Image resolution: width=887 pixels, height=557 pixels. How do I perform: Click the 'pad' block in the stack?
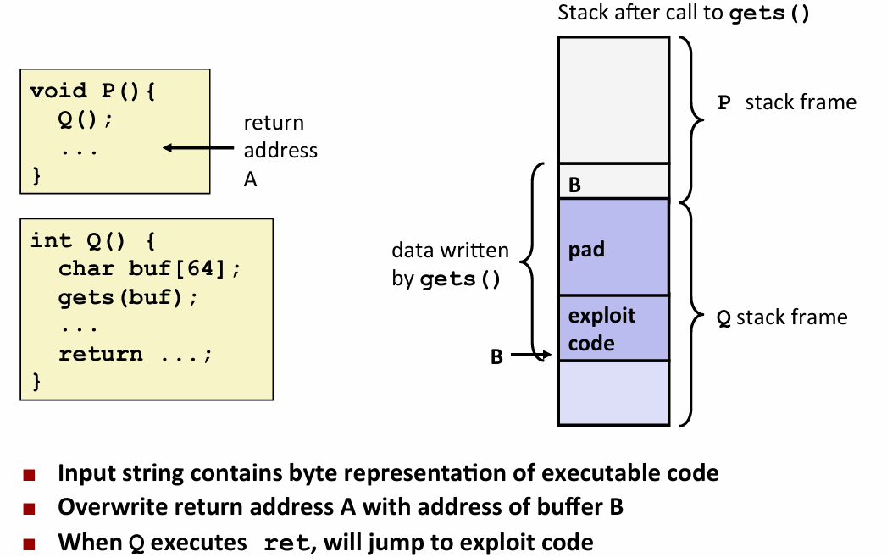click(613, 246)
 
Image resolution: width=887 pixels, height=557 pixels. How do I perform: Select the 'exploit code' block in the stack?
click(613, 328)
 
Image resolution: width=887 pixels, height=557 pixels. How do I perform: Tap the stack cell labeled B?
click(613, 181)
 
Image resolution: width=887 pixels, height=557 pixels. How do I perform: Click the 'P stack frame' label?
click(787, 102)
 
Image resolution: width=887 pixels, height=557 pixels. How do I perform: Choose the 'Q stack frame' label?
click(782, 317)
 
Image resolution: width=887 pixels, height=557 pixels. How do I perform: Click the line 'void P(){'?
click(92, 91)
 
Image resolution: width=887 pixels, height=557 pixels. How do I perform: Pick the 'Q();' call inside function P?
click(85, 119)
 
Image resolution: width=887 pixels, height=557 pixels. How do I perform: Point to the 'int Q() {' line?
click(92, 240)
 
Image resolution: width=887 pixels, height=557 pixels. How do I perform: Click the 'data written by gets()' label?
click(450, 264)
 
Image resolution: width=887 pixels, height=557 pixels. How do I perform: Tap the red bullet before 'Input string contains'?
click(30, 473)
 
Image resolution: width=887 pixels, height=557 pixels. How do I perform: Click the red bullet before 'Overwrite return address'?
click(30, 509)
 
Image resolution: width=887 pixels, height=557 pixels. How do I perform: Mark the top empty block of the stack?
click(613, 100)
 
